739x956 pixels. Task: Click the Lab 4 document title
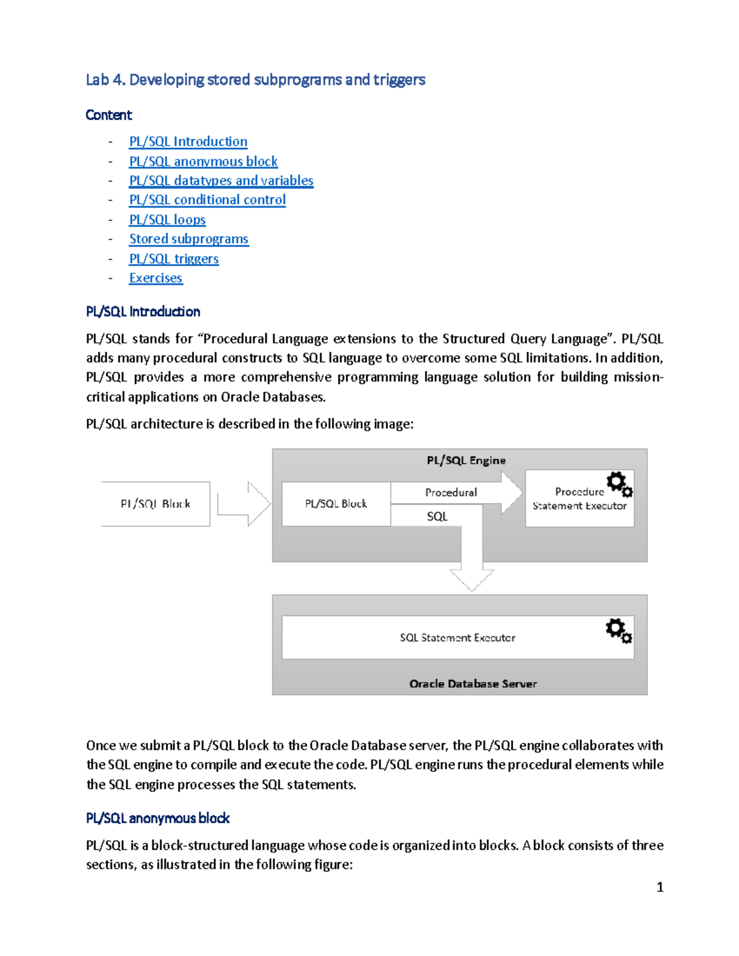point(255,80)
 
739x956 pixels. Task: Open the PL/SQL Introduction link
point(188,142)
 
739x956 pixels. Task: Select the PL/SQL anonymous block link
point(203,161)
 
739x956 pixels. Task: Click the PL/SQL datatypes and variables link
point(221,180)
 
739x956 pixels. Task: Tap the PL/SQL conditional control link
point(207,200)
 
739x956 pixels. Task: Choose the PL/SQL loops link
point(167,220)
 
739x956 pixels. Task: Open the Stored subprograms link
point(188,239)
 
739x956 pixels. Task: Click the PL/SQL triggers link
point(174,259)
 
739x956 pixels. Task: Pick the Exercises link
point(155,278)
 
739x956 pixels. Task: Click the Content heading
point(108,115)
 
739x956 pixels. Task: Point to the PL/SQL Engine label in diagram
point(466,460)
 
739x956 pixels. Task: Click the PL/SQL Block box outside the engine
point(155,504)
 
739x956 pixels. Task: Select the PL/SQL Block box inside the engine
point(336,504)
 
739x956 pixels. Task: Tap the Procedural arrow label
point(451,492)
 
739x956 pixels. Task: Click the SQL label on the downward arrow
point(437,516)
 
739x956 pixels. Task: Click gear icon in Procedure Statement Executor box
point(619,484)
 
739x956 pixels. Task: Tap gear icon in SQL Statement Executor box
point(618,630)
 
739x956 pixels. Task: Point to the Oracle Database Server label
point(472,684)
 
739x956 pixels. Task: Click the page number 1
point(660,887)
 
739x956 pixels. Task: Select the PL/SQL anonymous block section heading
point(158,818)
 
